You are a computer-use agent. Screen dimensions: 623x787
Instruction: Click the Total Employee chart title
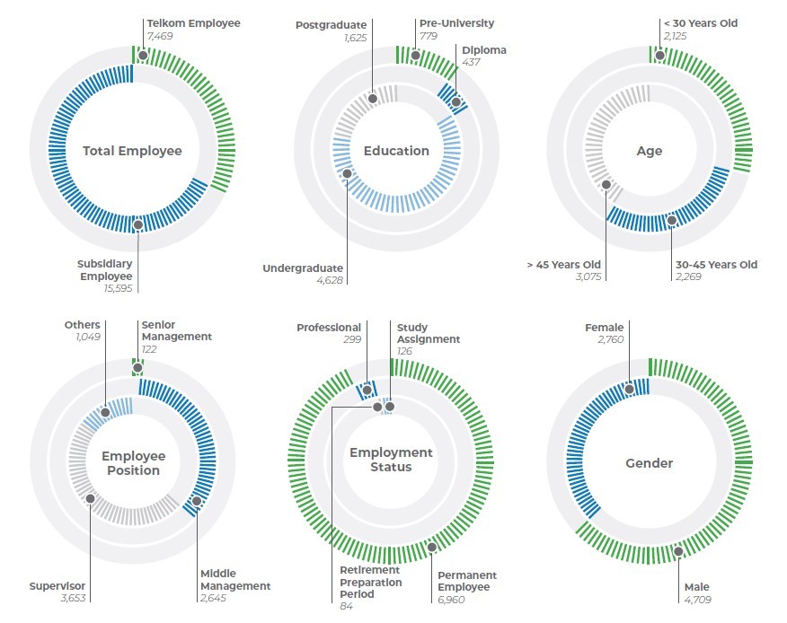[x=132, y=151]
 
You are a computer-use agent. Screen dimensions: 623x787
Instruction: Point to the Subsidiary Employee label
[x=105, y=270]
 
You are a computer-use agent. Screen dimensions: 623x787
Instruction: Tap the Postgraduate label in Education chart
[x=331, y=25]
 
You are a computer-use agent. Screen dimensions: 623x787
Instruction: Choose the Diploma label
[x=485, y=50]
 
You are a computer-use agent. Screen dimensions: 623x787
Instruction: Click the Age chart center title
[x=649, y=151]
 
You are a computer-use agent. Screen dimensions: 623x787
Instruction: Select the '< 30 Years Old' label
[x=700, y=23]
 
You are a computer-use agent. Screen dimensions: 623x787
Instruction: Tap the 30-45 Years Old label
[x=716, y=265]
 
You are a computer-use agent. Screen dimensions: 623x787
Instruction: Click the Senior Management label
[x=176, y=330]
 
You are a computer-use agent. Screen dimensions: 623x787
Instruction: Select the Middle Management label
[x=234, y=579]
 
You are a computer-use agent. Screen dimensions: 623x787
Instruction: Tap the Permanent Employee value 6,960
[x=451, y=598]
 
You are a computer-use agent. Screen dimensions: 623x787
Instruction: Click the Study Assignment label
[x=428, y=333]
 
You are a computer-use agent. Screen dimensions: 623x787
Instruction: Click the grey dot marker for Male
[x=677, y=552]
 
